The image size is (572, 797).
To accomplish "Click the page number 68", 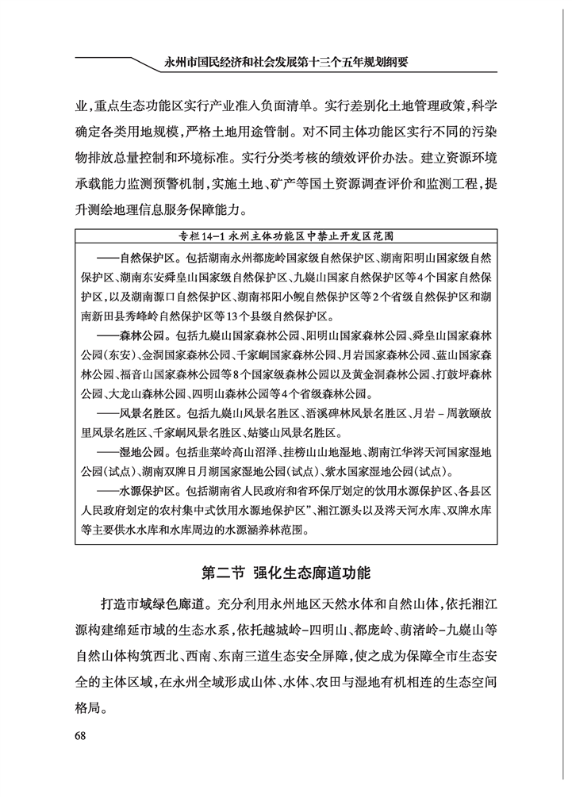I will pyautogui.click(x=80, y=734).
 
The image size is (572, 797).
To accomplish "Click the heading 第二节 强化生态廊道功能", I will pyautogui.click(x=286, y=572).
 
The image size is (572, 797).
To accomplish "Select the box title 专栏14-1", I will pyautogui.click(x=286, y=236).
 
